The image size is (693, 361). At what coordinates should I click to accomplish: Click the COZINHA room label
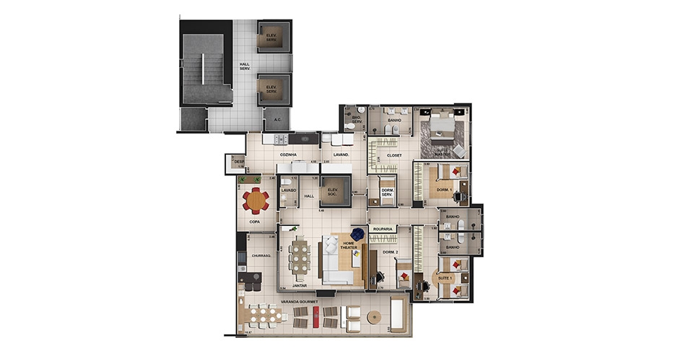pos(289,155)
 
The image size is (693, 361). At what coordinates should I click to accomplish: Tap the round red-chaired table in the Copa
pos(255,199)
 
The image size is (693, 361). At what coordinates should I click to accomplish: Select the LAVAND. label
pos(341,155)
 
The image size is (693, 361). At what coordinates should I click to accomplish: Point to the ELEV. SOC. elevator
pos(333,192)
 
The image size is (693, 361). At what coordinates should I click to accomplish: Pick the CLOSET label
pos(393,155)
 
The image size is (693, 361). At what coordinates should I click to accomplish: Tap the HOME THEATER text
pos(350,246)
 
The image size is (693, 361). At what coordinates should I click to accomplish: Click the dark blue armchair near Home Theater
pos(357,233)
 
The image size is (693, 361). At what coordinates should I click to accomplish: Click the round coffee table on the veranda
pos(373,316)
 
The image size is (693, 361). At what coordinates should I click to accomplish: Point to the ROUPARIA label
pos(383,230)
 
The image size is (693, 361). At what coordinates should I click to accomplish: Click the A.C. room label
pos(276,120)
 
